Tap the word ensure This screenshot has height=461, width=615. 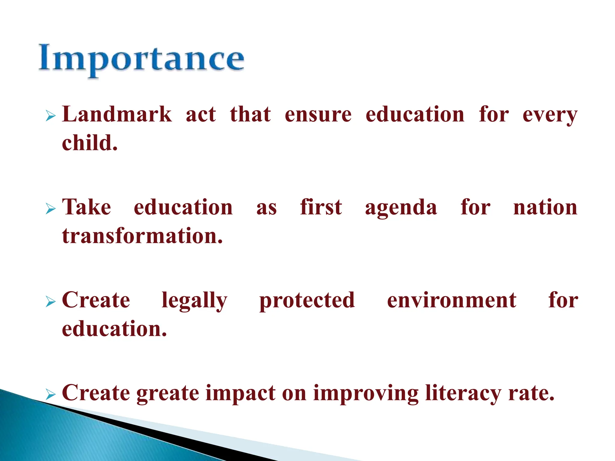coord(318,115)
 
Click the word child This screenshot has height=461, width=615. coord(89,143)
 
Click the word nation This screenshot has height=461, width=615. coord(545,208)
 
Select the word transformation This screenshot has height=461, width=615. coord(142,236)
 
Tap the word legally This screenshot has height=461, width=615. coord(194,301)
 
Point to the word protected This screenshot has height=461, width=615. coord(307,301)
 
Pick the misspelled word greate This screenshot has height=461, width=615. coord(168,393)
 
